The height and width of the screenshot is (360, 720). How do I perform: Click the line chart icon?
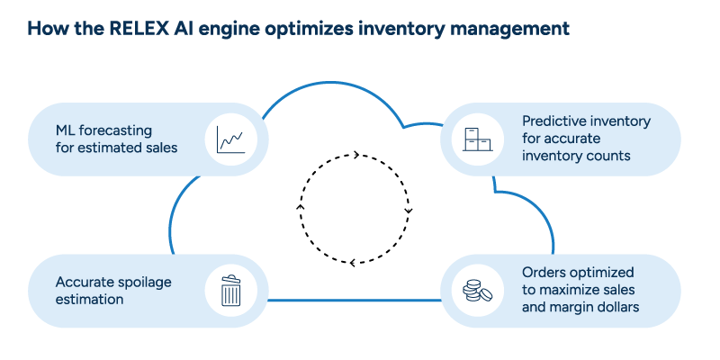click(x=231, y=139)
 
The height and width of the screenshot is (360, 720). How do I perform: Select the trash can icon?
click(x=231, y=290)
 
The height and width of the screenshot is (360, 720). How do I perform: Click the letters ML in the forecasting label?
click(x=66, y=130)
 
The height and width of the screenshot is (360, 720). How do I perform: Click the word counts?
click(x=610, y=155)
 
